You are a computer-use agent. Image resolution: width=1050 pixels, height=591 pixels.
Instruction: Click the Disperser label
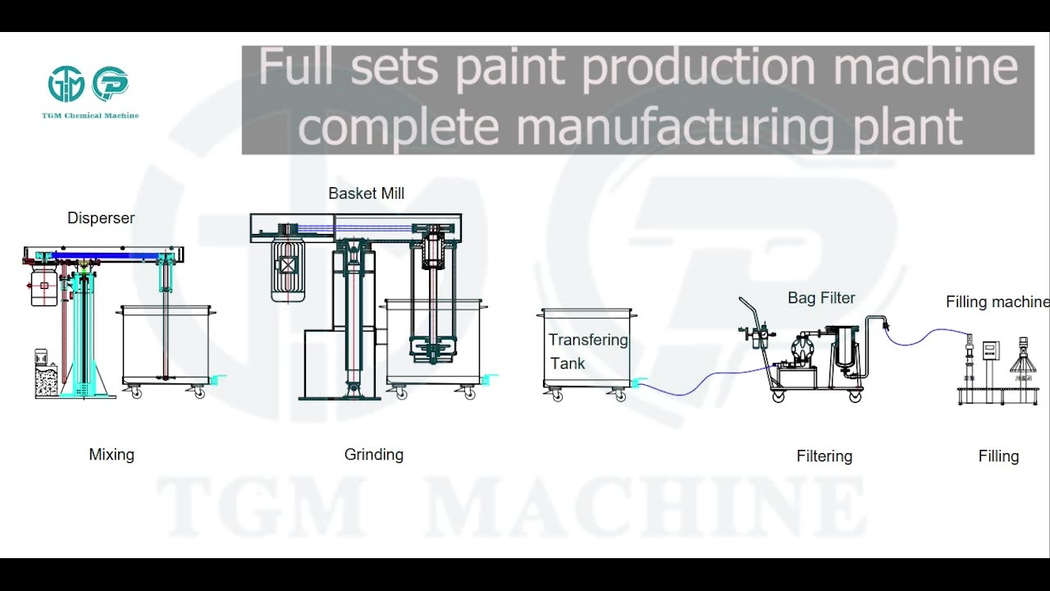[x=101, y=218]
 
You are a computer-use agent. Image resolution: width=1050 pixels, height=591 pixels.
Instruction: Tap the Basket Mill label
[x=366, y=194]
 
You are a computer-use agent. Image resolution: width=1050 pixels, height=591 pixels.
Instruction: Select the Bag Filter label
[x=821, y=298]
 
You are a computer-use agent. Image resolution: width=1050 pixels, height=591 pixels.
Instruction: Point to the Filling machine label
[x=997, y=302]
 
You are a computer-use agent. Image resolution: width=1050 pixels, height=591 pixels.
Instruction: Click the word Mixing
[x=112, y=455]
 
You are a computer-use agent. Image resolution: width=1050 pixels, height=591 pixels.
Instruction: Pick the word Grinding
[x=374, y=455]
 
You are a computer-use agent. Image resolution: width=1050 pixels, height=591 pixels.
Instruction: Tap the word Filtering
[x=824, y=456]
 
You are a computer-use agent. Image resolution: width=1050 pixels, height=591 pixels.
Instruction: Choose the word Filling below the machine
[x=998, y=456]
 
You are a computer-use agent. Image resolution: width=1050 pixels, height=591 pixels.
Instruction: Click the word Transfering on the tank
[x=588, y=340]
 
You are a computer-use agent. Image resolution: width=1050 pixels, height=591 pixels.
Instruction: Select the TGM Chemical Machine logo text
[x=90, y=116]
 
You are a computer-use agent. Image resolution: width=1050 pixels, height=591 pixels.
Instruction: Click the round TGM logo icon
[x=66, y=85]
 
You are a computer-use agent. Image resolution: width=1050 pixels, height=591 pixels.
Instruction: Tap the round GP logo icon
[x=111, y=85]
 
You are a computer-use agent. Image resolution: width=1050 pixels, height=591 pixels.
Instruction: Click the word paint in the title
[x=509, y=67]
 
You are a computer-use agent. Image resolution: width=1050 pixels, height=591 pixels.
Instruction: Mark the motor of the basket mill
[x=289, y=264]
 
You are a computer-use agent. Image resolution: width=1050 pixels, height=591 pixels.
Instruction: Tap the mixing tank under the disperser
[x=165, y=345]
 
